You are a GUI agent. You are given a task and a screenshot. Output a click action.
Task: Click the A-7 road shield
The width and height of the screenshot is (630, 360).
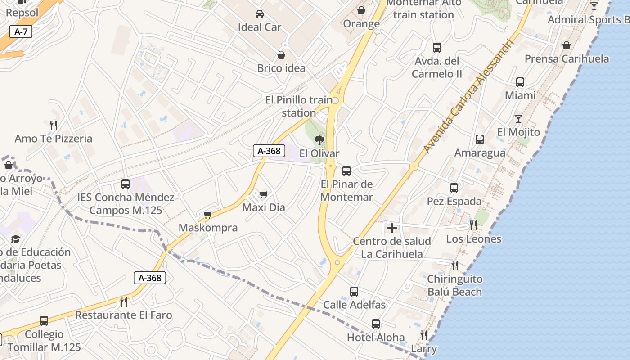tap(21, 31)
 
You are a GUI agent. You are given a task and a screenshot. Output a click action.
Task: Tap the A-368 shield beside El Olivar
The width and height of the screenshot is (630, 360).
tap(269, 151)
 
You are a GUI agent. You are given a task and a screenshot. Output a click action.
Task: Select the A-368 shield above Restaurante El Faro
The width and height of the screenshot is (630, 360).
tap(150, 278)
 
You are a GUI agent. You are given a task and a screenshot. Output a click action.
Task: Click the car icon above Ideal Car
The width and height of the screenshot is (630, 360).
tap(260, 14)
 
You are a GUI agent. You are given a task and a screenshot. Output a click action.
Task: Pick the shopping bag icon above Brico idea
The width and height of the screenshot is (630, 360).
tap(281, 55)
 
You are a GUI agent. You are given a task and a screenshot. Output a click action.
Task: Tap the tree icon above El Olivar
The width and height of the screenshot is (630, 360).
tap(319, 140)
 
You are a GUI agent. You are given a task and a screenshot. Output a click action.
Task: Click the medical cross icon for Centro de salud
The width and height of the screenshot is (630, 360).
tap(392, 228)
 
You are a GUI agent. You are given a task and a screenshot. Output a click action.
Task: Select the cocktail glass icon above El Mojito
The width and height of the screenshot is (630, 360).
tap(518, 119)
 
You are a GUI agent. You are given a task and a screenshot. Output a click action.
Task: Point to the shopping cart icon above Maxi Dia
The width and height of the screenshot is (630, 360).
tap(263, 194)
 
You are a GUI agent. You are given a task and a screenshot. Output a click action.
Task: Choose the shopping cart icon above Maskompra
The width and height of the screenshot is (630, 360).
tap(207, 215)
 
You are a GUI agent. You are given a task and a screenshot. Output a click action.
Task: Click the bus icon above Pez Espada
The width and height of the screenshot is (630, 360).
tap(454, 188)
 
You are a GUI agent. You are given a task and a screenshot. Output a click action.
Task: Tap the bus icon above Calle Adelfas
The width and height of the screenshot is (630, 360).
tap(354, 292)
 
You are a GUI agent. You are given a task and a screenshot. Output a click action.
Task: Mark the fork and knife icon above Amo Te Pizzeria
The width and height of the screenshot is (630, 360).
tap(54, 125)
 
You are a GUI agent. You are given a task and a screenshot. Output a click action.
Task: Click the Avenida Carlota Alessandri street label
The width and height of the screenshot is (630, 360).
tap(468, 97)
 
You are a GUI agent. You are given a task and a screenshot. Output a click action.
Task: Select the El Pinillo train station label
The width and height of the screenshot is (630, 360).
tap(299, 106)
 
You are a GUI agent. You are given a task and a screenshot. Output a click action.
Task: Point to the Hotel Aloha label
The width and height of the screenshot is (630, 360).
tap(375, 337)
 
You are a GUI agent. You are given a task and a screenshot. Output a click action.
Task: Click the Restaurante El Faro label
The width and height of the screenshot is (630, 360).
tap(124, 315)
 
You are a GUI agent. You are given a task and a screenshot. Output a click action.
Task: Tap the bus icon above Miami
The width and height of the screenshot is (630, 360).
tap(520, 82)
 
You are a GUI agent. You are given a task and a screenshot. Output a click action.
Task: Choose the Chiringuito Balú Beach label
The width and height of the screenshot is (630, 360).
tap(454, 285)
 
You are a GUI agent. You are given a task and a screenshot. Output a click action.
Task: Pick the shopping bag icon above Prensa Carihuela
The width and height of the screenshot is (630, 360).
tap(567, 45)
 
